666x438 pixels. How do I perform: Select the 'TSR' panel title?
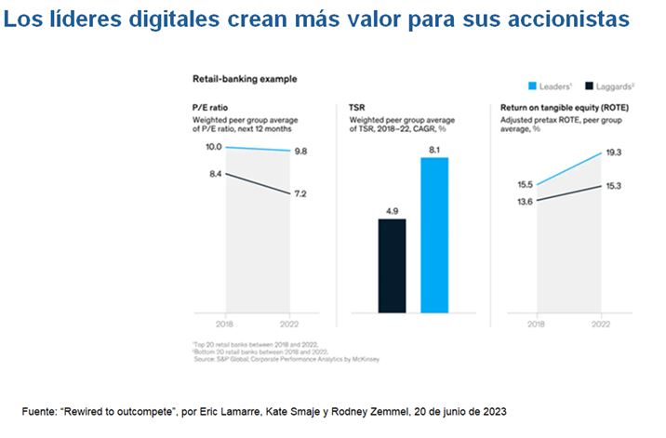click(x=357, y=109)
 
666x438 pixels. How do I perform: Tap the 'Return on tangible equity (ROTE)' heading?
click(x=557, y=109)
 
